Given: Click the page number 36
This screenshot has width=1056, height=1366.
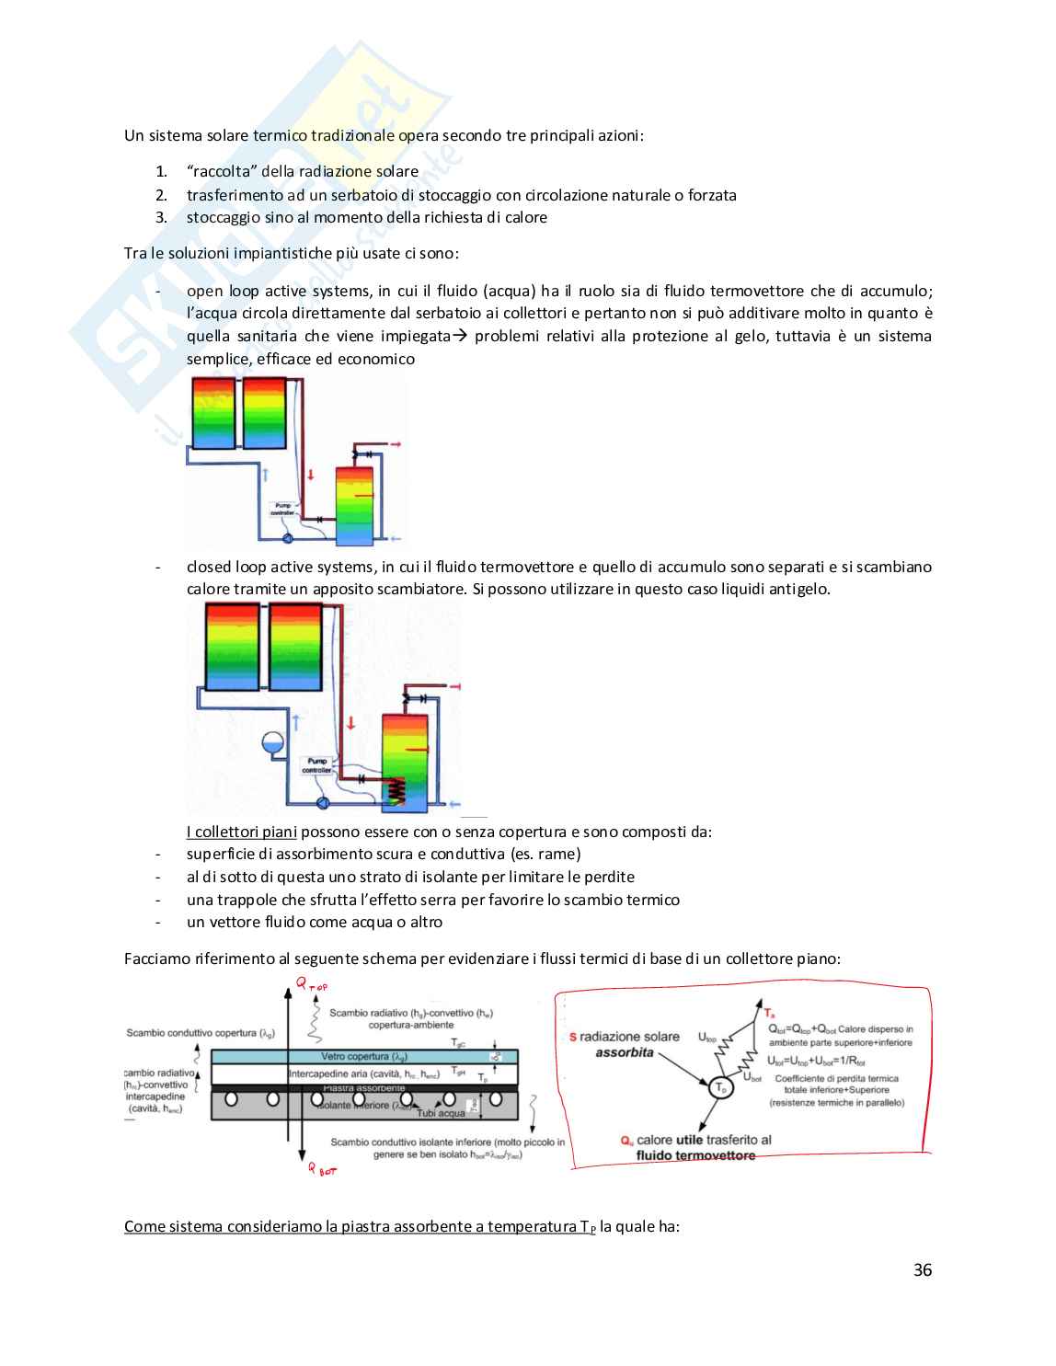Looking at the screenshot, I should (x=922, y=1269).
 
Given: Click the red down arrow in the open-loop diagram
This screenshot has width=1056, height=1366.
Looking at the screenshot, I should (x=311, y=475).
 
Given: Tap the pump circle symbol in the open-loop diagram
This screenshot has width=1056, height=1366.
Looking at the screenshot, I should (x=287, y=538).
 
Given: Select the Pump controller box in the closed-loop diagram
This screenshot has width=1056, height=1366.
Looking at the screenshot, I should (x=317, y=765).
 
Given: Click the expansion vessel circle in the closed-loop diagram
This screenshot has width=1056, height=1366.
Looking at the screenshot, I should (x=272, y=742).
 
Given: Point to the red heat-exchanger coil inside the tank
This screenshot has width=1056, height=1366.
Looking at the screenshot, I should (x=396, y=790).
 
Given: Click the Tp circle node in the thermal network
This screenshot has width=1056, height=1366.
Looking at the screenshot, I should (x=721, y=1087).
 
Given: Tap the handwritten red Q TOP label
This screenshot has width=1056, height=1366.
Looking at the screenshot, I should (x=311, y=984).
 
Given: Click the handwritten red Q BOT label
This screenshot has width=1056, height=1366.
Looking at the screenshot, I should (x=322, y=1169).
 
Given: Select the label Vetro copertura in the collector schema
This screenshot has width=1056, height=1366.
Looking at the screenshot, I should (x=363, y=1057).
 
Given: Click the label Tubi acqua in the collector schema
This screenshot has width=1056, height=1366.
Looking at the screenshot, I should (x=441, y=1113).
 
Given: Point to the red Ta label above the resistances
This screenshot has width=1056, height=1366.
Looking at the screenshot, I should (x=769, y=1013).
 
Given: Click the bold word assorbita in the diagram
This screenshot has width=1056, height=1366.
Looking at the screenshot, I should (x=624, y=1052).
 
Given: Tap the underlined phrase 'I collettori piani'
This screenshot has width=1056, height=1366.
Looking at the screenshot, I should (x=241, y=832).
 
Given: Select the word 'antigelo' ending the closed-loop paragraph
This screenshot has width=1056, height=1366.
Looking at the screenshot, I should (x=799, y=589).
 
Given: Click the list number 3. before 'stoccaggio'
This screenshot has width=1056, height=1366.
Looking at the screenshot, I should (x=161, y=217).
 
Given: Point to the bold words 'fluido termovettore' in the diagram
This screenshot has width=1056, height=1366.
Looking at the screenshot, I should (x=695, y=1155).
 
